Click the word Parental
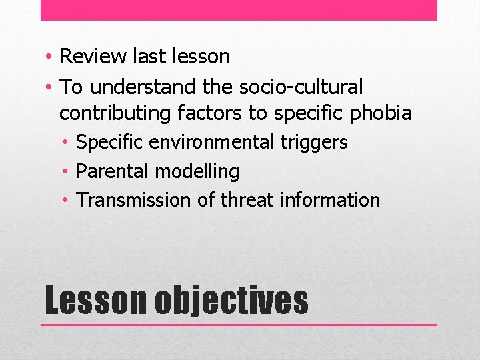click(113, 171)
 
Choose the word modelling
click(197, 171)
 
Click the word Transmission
click(135, 200)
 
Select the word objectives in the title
click(231, 301)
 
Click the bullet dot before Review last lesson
click(50, 57)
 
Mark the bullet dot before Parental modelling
click(67, 172)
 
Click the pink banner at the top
click(239, 10)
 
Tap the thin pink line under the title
click(239, 325)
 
